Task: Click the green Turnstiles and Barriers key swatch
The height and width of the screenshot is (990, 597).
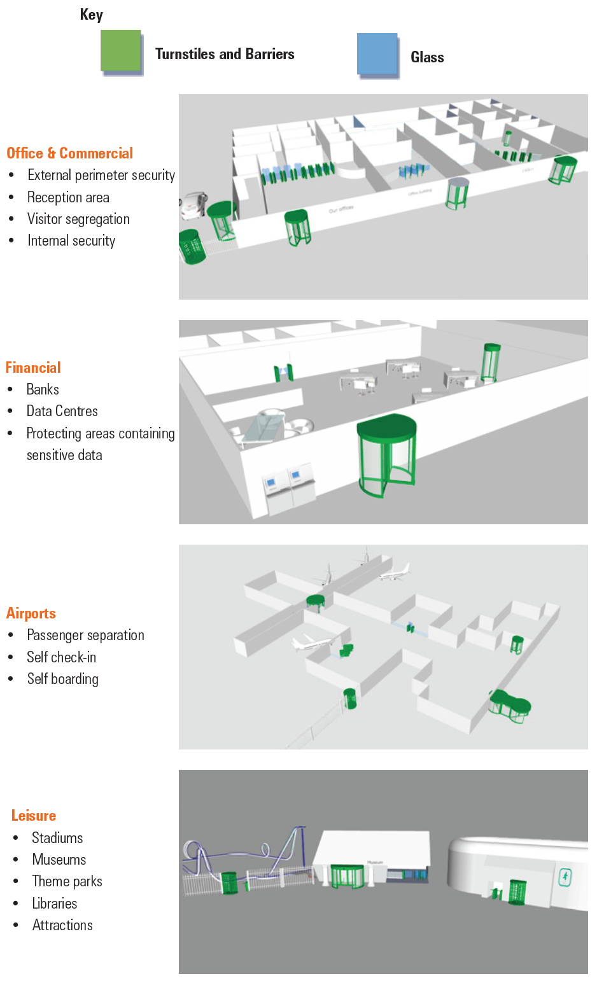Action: pos(120,50)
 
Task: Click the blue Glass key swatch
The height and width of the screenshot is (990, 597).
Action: pos(377,53)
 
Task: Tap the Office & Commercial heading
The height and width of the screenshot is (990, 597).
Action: pos(69,153)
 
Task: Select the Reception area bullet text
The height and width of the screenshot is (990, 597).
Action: pos(68,197)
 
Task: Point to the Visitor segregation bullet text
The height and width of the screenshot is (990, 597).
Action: pos(78,219)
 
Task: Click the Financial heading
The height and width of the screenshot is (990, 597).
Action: pos(33,368)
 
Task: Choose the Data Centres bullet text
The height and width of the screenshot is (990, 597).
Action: pos(62,411)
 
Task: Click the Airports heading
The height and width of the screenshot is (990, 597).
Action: pos(31,613)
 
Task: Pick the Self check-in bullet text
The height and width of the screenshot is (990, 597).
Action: pos(61,657)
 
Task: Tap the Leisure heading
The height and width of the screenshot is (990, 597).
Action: pos(34,816)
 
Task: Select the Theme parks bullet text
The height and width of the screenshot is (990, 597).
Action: pos(67,881)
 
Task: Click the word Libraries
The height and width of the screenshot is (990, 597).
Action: pos(54,903)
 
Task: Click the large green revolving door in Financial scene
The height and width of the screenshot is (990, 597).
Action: pos(386,454)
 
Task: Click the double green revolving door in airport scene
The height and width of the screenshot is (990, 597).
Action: pos(510,705)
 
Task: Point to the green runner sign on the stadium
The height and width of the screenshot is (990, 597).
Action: pos(565,877)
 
